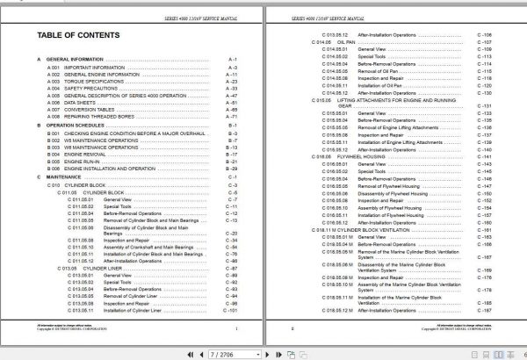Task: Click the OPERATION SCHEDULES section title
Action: tap(80, 126)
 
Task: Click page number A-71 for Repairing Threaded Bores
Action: tap(233, 114)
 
